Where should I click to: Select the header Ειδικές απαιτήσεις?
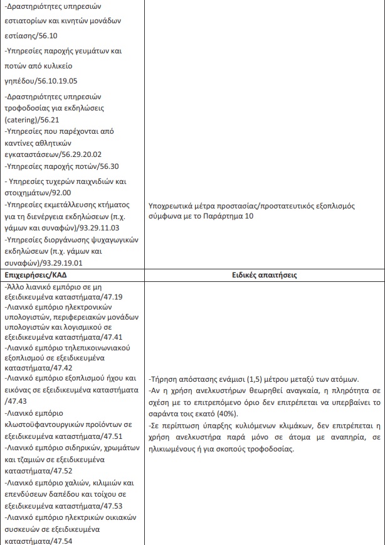(263, 275)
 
